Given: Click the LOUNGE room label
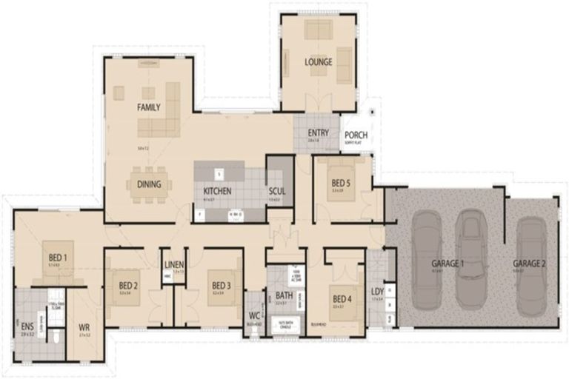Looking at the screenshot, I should pyautogui.click(x=318, y=61).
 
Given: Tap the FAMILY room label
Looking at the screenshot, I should pyautogui.click(x=148, y=107).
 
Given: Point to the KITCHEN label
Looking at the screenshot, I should pyautogui.click(x=218, y=191).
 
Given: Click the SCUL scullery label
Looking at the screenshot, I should pyautogui.click(x=277, y=191).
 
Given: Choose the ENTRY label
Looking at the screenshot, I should pyautogui.click(x=318, y=133).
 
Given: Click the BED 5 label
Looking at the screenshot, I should pyautogui.click(x=340, y=184).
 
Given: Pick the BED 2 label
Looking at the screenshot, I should pyautogui.click(x=128, y=285).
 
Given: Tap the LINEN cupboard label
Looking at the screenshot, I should pyautogui.click(x=174, y=264).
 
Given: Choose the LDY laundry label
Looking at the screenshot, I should pyautogui.click(x=377, y=292).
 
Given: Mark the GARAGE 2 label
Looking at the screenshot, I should pyautogui.click(x=529, y=263).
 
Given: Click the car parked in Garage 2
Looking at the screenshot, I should pyautogui.click(x=530, y=266).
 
